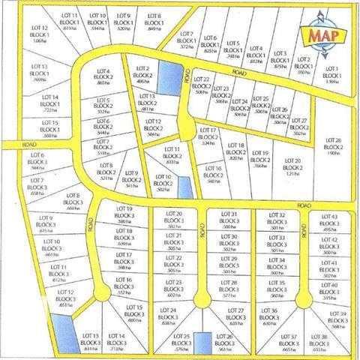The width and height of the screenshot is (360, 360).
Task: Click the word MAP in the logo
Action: pyautogui.click(x=317, y=34)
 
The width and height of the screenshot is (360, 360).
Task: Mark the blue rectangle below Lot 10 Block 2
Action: pyautogui.click(x=184, y=185)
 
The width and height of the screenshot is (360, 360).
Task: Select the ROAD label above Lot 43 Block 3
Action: pyautogui.click(x=302, y=204)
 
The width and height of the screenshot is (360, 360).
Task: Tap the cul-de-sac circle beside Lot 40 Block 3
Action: pyautogui.click(x=302, y=298)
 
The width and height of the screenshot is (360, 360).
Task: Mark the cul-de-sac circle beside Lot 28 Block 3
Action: pyautogui.click(x=199, y=300)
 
